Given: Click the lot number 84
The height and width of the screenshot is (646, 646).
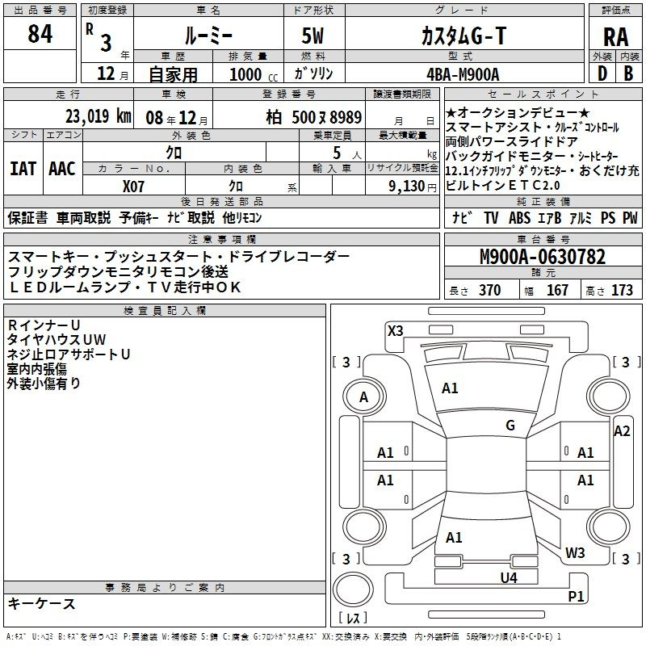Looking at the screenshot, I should point(40,36).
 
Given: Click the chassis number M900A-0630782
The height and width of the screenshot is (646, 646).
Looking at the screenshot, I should point(543,258).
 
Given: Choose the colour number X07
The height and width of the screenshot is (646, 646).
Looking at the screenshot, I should point(134,185).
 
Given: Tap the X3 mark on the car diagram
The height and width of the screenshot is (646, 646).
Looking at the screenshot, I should point(396,330).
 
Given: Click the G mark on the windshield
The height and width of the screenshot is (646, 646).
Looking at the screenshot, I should point(510,426).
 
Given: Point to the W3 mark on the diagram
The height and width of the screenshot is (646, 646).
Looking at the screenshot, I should point(575,552).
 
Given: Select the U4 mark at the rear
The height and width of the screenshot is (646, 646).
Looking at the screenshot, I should point(508,577).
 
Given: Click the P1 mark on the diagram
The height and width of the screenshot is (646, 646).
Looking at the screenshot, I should point(576,597).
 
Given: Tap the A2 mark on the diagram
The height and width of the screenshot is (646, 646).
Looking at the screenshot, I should point(621,431).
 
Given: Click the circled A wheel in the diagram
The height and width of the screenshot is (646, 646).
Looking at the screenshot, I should point(363,397).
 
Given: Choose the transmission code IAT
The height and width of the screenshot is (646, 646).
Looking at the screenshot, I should point(23,169).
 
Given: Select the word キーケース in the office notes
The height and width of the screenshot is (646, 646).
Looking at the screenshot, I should point(42,603).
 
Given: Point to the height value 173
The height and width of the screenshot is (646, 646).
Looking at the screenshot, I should point(622,291).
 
